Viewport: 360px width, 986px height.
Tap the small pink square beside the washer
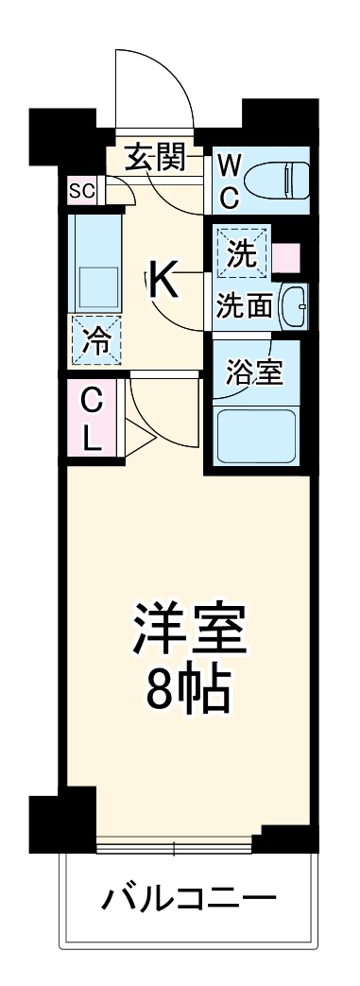pyautogui.click(x=287, y=256)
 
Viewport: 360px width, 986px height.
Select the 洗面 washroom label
pyautogui.click(x=246, y=306)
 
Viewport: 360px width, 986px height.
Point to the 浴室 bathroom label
pyautogui.click(x=253, y=372)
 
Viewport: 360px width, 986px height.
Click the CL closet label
pyautogui.click(x=91, y=419)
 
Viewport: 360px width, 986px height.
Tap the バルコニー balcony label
pyautogui.click(x=190, y=894)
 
